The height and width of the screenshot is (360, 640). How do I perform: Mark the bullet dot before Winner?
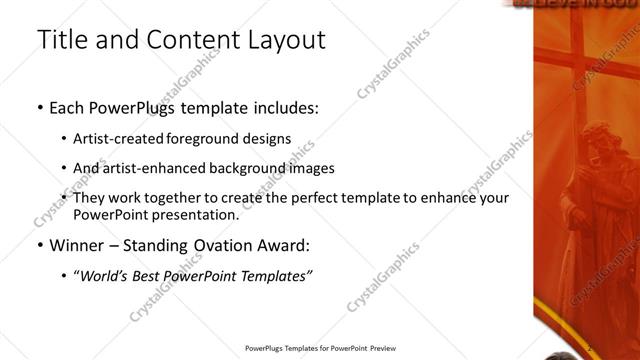coord(39,246)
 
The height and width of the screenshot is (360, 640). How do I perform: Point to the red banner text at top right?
coord(580,4)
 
